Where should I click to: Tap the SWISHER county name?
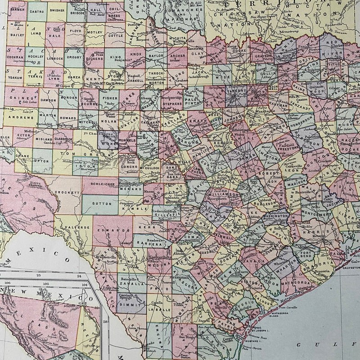click(57, 9)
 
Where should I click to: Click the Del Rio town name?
click(83, 253)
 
